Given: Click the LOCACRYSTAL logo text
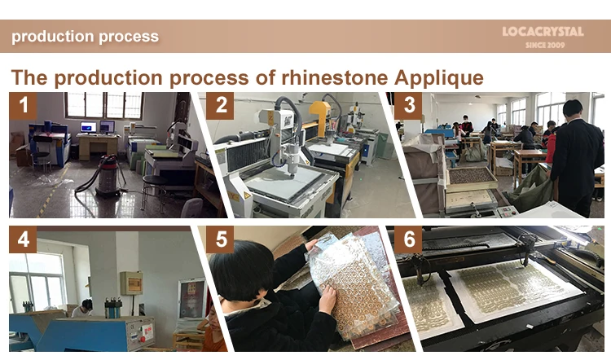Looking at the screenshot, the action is coord(543,32).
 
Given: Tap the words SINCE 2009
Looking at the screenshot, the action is coord(545,45).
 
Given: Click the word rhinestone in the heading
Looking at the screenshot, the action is coord(334,77).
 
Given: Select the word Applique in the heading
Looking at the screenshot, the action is coord(438,78).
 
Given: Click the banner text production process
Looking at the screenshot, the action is coord(85,36).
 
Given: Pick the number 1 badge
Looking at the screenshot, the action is coord(23,106).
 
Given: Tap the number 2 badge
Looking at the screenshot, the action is coord(220,106).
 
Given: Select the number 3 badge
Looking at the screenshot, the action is coord(408,106).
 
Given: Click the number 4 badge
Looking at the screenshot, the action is coord(23,239).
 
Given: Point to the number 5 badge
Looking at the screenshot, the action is coord(220,239).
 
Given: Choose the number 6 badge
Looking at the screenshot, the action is coord(408,239).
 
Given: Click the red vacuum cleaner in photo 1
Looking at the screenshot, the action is coord(108,175).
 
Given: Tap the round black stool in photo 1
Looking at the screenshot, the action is coord(153,191).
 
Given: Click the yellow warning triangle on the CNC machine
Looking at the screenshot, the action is coord(247,195).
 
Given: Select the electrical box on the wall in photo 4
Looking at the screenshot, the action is coord(131,283).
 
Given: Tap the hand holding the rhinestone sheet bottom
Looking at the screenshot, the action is coord(327,298).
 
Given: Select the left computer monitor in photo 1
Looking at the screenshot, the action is coord(89,127).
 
